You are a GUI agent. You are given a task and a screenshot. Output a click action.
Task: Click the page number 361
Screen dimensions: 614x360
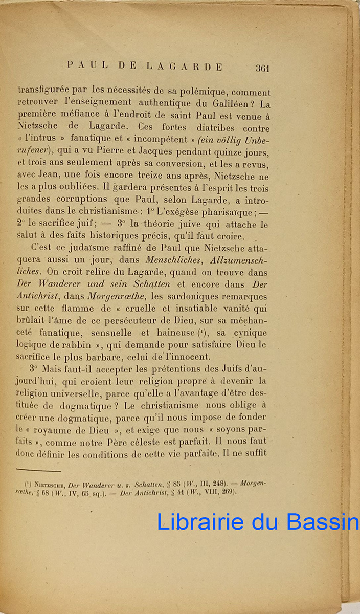tap(261, 68)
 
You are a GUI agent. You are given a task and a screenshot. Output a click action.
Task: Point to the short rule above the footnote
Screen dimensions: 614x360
tap(38, 469)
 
